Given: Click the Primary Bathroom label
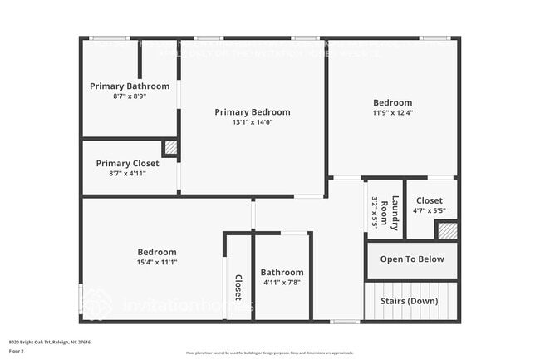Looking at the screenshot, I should (130, 86).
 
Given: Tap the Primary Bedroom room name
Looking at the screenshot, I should (253, 112).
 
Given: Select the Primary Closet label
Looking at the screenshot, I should (127, 163).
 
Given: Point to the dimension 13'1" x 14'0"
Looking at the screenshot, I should (253, 122).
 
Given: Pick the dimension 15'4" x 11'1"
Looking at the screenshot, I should (157, 262).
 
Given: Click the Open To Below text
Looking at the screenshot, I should (412, 259).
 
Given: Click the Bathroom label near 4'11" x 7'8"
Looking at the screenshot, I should (282, 272).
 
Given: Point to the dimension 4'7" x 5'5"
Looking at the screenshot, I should (429, 210).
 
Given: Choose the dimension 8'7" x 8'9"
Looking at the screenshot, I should (130, 96).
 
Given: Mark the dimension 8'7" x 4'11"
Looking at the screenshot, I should (127, 173).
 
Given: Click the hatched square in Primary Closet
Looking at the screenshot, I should (170, 148).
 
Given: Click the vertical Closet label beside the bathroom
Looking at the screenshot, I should (238, 287).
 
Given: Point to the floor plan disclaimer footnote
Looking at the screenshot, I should (270, 353).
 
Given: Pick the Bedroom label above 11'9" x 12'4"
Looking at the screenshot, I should (392, 103).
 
